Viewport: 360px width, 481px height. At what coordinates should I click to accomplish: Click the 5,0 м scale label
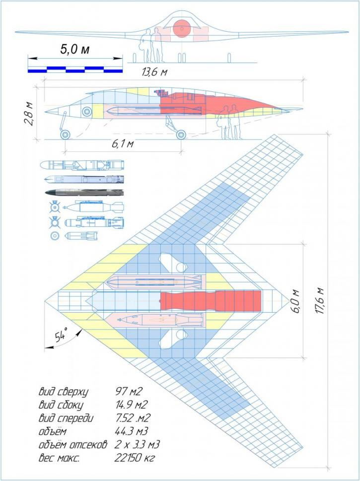75,49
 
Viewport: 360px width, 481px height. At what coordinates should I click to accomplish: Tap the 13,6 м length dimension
155,72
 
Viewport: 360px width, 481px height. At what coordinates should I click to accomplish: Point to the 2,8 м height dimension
30,113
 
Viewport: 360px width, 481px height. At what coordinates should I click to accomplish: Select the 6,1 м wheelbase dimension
123,143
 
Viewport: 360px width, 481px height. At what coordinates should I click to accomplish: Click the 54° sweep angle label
62,335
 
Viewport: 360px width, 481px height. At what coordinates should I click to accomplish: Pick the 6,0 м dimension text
293,301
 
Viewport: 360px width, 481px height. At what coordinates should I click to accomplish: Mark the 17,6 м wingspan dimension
319,301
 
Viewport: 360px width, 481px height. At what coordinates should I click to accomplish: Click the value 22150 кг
135,458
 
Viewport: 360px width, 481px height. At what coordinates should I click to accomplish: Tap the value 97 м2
129,392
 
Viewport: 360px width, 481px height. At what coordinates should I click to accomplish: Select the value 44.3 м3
132,431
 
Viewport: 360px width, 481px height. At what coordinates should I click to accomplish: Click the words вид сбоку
61,405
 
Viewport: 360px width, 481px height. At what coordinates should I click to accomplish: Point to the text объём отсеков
73,445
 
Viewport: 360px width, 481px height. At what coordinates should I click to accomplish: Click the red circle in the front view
181,28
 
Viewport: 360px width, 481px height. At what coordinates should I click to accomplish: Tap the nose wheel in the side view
65,135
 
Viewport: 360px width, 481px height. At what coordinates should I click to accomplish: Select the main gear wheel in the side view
181,135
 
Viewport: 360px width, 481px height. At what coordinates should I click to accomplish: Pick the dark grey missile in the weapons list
84,192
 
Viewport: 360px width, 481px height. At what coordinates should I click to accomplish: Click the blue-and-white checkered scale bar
75,69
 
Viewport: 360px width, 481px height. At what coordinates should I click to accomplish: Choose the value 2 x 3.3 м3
137,445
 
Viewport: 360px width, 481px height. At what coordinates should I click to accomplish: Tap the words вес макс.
59,458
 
